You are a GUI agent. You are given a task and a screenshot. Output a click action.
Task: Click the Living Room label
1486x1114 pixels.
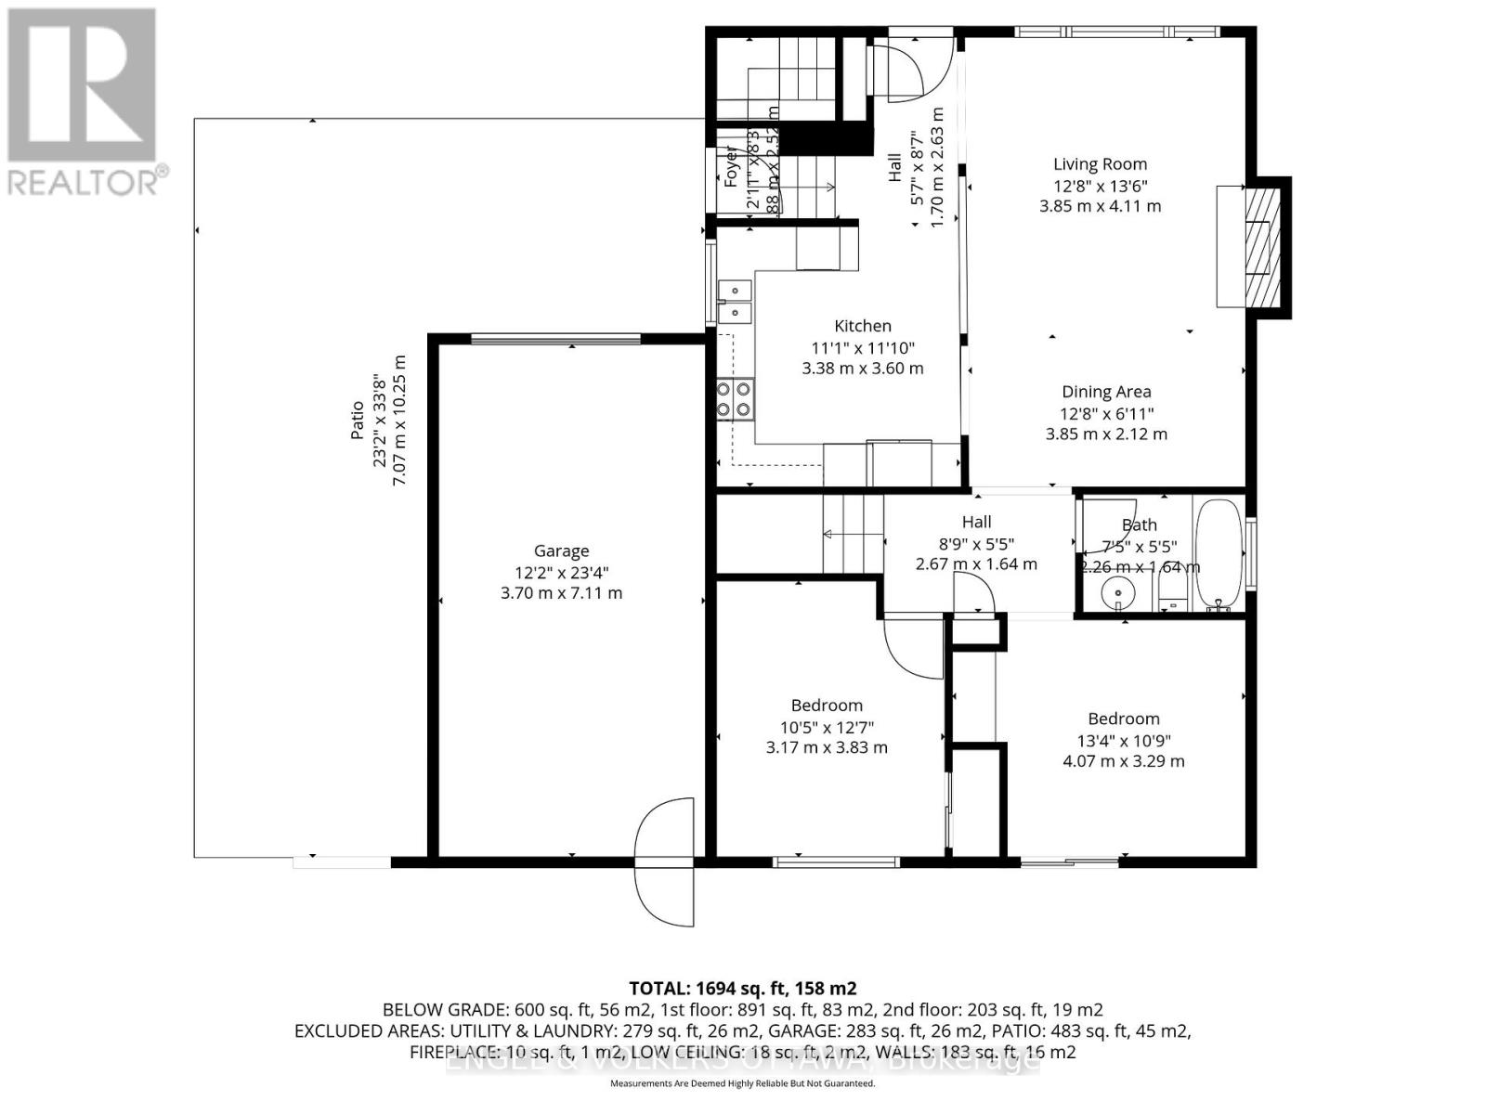(x=1100, y=164)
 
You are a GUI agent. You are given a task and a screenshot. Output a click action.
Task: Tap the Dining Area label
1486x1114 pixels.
(x=1106, y=392)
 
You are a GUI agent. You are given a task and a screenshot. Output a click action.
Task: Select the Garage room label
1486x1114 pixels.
(x=561, y=551)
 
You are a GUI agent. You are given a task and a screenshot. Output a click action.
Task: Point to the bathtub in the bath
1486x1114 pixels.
(x=1219, y=553)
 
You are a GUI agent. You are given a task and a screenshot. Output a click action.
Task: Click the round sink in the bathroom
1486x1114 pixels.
(x=1118, y=590)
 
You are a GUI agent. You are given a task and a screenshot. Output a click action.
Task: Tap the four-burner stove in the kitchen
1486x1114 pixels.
(x=734, y=399)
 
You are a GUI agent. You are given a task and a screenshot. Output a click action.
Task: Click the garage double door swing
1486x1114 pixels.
(x=665, y=861)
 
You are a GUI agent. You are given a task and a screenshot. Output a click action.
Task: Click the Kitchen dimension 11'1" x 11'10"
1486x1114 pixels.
(x=863, y=348)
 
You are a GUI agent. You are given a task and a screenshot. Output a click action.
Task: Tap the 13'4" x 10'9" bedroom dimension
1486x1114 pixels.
(x=1124, y=741)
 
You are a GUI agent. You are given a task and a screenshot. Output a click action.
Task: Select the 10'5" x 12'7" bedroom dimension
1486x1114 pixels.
(x=827, y=727)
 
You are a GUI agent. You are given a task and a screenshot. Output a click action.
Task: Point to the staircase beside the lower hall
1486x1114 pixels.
(x=852, y=535)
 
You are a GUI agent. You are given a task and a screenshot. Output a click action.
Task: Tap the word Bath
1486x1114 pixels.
(x=1139, y=525)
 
